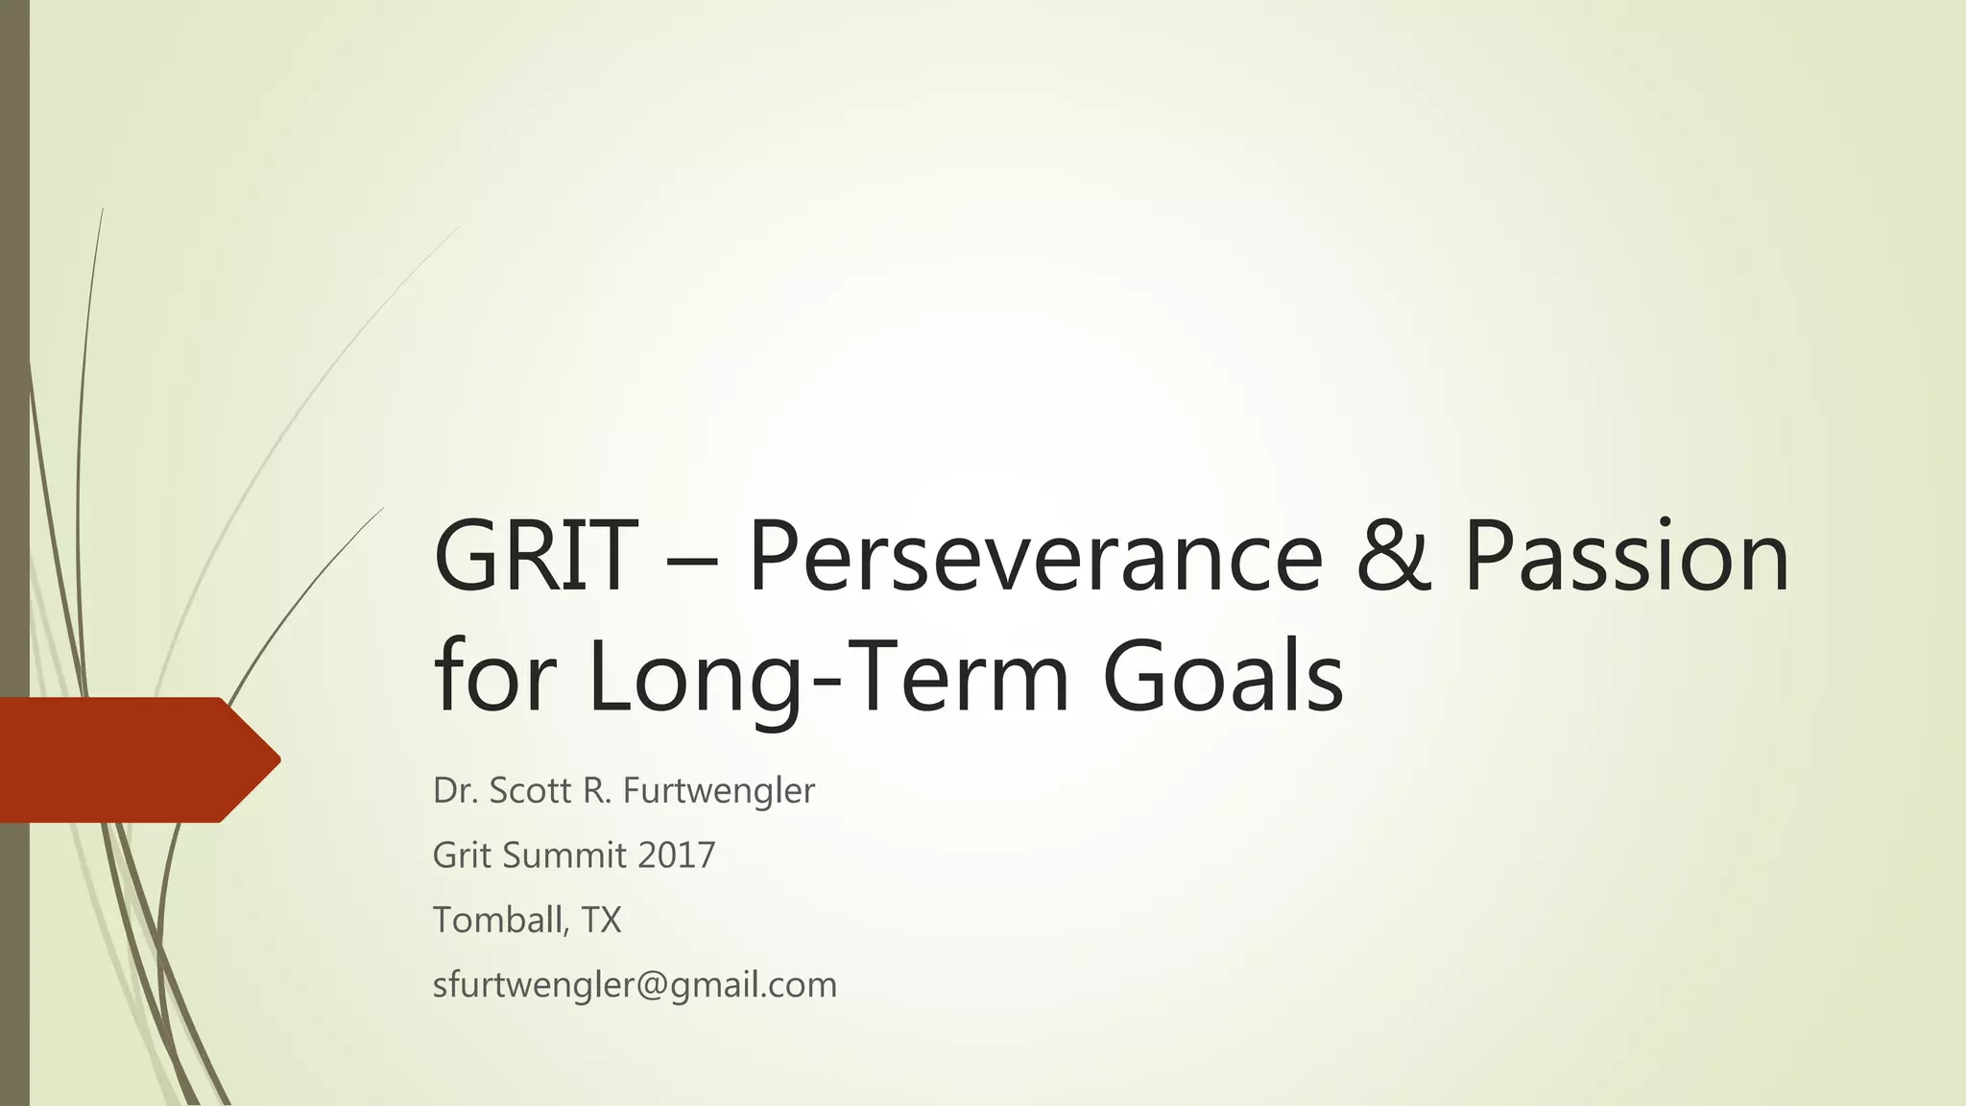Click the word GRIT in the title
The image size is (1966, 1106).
point(535,557)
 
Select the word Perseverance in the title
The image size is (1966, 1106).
point(1035,557)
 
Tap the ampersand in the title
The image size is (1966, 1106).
point(1393,557)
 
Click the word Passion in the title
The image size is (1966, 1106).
point(1626,557)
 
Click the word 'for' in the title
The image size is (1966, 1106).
point(494,677)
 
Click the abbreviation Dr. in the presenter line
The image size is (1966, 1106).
point(455,791)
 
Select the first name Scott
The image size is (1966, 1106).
point(531,791)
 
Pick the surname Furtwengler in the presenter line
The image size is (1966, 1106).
point(718,791)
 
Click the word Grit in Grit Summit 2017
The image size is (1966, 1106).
point(462,855)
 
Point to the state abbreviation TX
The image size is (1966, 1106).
point(601,921)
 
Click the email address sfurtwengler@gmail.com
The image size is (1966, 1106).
point(635,985)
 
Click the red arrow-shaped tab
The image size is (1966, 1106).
point(125,759)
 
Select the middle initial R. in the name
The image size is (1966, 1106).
point(596,791)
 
